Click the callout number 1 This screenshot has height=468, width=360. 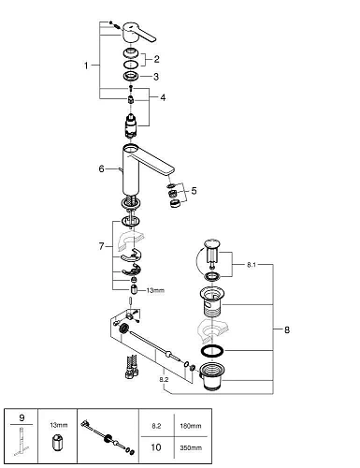(86, 66)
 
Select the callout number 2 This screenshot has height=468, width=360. (156, 59)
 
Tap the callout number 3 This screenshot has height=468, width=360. (156, 77)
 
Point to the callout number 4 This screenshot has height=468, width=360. (163, 97)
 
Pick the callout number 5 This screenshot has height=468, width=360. (194, 190)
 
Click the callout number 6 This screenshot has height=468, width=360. (101, 168)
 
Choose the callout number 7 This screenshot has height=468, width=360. (101, 246)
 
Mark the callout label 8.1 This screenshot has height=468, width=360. (252, 265)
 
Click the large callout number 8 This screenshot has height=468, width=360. (287, 329)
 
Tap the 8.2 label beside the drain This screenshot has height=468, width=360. (164, 379)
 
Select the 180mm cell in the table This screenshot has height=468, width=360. (191, 426)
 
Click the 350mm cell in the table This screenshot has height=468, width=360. (191, 447)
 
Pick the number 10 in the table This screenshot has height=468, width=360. (156, 447)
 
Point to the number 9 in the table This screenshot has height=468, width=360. (22, 417)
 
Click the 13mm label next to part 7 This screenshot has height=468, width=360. (155, 290)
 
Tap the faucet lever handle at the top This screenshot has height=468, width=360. (138, 33)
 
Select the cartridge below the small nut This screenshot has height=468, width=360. (131, 125)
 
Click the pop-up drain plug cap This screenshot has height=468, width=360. (211, 243)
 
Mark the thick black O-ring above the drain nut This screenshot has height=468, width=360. (212, 351)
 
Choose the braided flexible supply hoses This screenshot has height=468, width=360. (132, 367)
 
